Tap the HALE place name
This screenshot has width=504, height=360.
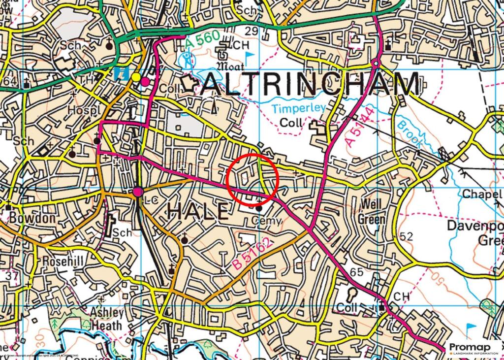click(198, 211)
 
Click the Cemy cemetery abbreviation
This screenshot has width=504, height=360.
click(265, 221)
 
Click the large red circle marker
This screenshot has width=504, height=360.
click(254, 179)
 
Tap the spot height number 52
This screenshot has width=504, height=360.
click(406, 237)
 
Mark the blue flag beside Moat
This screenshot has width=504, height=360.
click(250, 55)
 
